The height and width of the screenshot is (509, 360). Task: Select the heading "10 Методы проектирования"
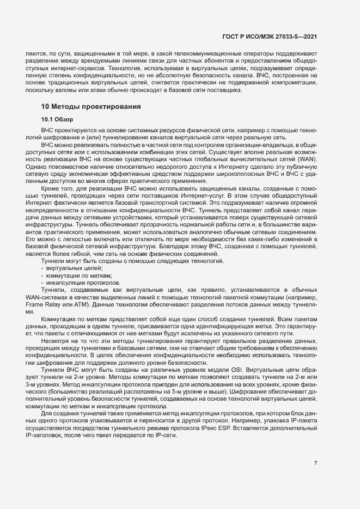pos(90,107)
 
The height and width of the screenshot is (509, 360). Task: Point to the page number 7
pos(315,463)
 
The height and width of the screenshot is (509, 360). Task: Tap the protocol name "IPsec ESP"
pos(239,421)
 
